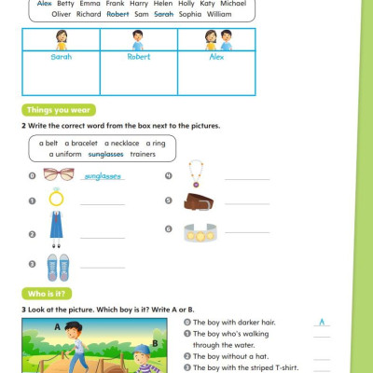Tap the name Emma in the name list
point(90,4)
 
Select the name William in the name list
point(220,15)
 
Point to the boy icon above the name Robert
point(138,40)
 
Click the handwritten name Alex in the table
point(216,56)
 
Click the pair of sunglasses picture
point(58,174)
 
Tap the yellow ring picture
point(57,199)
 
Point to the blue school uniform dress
point(57,227)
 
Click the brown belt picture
point(199,201)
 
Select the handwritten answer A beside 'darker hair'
point(322,323)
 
